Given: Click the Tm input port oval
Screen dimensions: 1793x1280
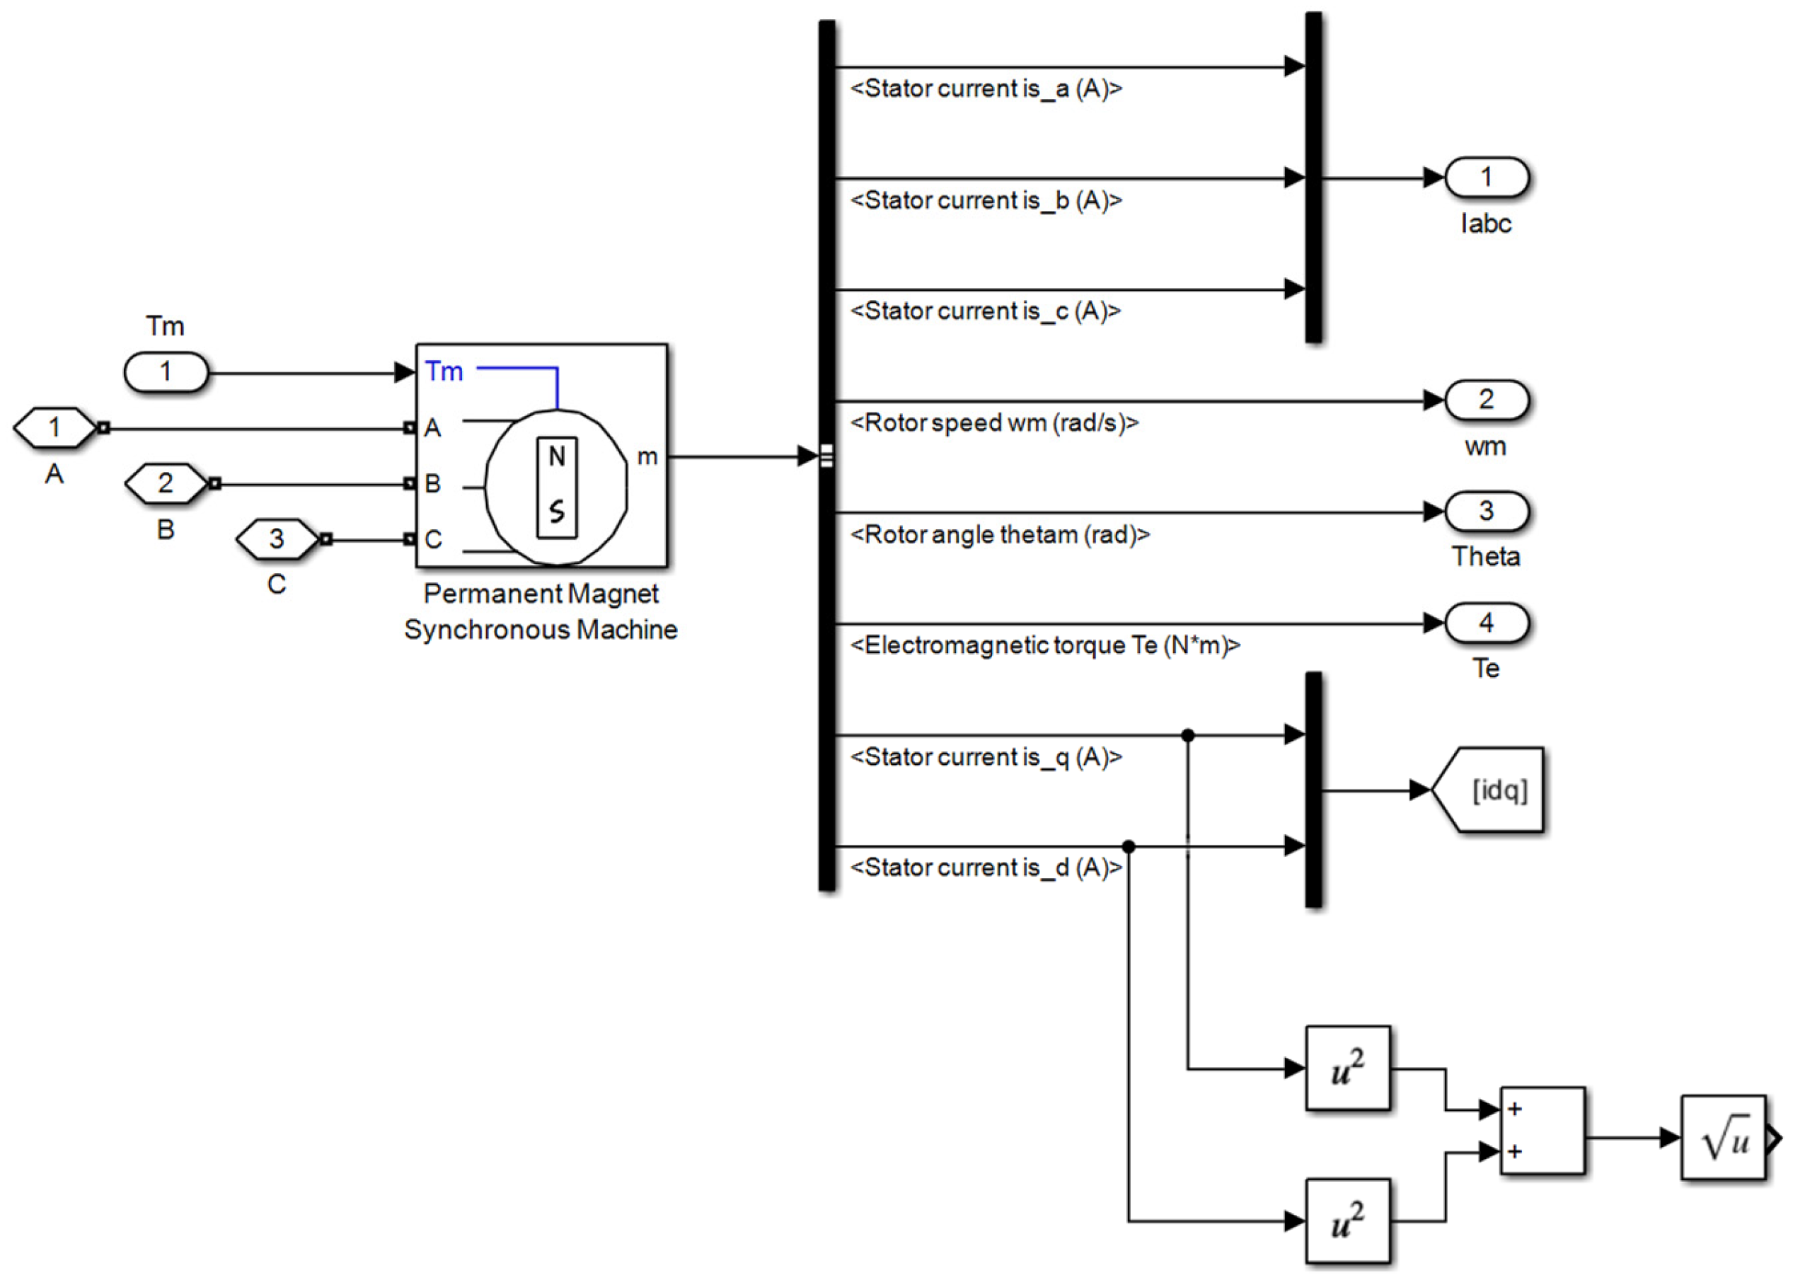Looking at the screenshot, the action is tap(166, 372).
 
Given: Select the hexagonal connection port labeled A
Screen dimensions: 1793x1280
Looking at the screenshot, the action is tap(54, 428).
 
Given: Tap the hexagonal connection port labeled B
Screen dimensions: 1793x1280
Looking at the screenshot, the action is tap(166, 483).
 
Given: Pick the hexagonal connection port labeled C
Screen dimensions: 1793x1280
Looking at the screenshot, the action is tap(277, 539).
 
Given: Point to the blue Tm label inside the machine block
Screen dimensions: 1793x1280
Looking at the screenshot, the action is tap(444, 371).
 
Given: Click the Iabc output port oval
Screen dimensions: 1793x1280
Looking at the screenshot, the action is tap(1487, 178).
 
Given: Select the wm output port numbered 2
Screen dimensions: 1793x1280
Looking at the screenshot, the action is tap(1487, 400).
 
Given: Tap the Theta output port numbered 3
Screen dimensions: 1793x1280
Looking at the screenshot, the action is tap(1487, 512).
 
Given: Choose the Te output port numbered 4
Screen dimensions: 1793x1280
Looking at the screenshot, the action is tap(1487, 623).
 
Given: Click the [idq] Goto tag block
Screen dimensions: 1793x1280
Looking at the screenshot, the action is tap(1487, 790).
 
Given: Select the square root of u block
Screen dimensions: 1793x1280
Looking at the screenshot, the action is tap(1724, 1137).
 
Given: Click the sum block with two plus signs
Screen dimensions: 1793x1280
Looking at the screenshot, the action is tap(1543, 1131).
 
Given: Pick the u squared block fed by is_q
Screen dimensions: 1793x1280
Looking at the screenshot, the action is tap(1348, 1068).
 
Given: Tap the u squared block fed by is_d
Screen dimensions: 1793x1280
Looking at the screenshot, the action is tap(1348, 1221).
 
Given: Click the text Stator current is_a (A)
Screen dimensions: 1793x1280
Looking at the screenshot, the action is tap(986, 89).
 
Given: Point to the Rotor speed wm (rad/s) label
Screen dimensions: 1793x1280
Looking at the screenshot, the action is tap(995, 423).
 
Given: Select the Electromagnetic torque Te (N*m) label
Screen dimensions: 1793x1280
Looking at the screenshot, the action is tap(1046, 646).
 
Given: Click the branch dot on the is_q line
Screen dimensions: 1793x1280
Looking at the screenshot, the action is tap(1189, 735).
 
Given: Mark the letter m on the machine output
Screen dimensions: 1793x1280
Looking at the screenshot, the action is tap(647, 457).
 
